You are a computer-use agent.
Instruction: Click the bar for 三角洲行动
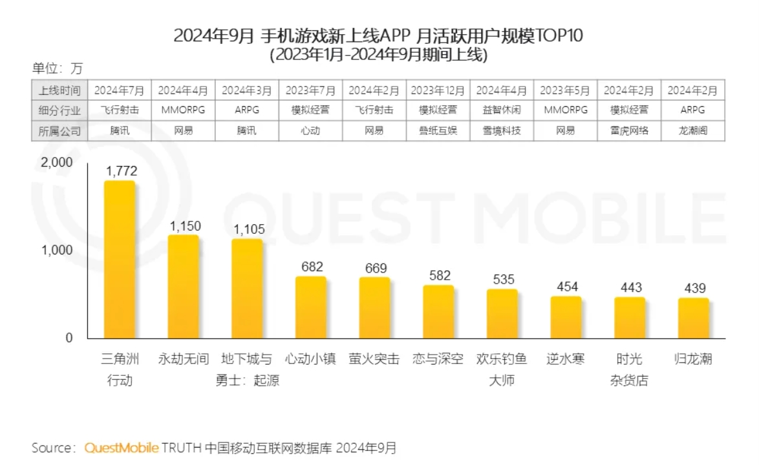(x=120, y=260)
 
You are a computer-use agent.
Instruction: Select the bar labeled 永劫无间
(x=183, y=287)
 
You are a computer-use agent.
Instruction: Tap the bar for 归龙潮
(x=694, y=318)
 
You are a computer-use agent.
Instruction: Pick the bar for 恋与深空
(x=438, y=312)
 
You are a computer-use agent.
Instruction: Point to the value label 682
(x=312, y=267)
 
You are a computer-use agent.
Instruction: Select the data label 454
(x=567, y=287)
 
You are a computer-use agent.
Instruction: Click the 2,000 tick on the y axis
(x=57, y=163)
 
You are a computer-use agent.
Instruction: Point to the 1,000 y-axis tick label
(x=57, y=251)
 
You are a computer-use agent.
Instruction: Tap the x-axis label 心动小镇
(x=311, y=359)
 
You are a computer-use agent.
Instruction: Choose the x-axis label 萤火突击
(x=374, y=359)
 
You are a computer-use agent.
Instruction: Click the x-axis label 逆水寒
(x=566, y=359)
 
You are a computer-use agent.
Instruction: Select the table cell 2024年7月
(x=120, y=90)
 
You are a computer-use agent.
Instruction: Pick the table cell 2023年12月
(x=438, y=90)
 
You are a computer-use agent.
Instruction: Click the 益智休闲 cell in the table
(x=502, y=110)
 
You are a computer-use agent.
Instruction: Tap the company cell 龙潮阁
(x=693, y=130)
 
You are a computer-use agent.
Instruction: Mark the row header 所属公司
(x=60, y=130)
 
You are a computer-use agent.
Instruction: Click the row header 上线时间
(x=60, y=90)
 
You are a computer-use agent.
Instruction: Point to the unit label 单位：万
(x=58, y=68)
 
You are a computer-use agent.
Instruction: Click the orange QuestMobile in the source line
(x=122, y=448)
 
